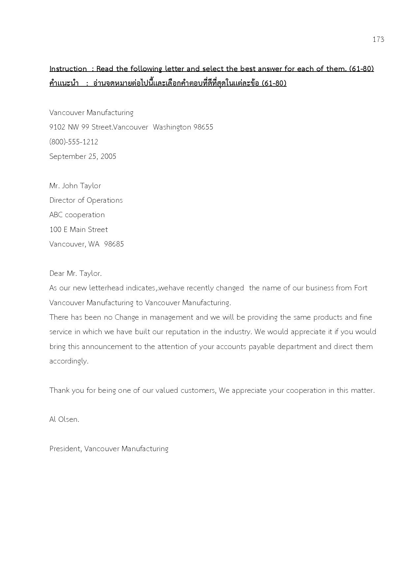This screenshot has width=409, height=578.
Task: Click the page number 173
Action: (378, 40)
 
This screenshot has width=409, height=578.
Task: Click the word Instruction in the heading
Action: (68, 69)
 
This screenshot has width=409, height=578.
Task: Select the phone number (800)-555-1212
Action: (74, 142)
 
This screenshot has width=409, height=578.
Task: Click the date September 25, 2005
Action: (83, 157)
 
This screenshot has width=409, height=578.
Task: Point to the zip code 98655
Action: (203, 127)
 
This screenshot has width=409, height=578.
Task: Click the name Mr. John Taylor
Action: (75, 186)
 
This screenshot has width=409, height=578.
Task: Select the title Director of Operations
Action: (86, 200)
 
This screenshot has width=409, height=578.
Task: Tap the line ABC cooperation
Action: (77, 215)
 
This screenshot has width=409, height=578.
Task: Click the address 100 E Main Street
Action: (79, 230)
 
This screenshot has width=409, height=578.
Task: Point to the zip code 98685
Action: (114, 244)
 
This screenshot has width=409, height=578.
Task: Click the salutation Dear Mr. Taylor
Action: (76, 274)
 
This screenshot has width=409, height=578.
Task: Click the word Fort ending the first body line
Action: (361, 288)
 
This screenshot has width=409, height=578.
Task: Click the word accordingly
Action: (69, 361)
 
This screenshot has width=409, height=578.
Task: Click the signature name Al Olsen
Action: (64, 419)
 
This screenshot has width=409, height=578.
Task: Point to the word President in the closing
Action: (65, 449)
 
